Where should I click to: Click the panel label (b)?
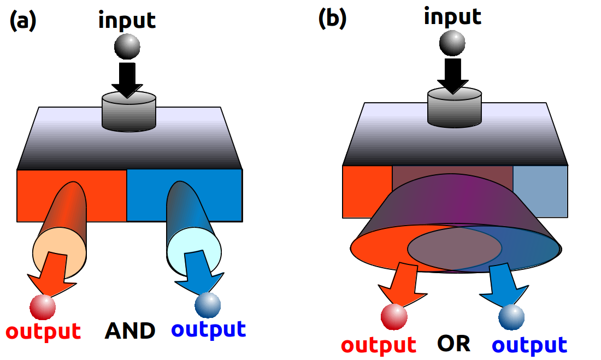click(x=332, y=19)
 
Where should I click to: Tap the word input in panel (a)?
click(x=127, y=20)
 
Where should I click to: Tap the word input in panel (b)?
click(x=452, y=16)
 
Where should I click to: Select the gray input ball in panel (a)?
click(x=127, y=47)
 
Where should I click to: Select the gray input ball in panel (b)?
click(x=452, y=43)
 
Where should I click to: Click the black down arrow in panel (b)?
click(x=452, y=75)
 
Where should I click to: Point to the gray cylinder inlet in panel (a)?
click(x=129, y=112)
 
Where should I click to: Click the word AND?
click(x=130, y=331)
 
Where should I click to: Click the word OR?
click(x=453, y=343)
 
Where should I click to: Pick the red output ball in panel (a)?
click(x=43, y=307)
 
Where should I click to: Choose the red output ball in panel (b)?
click(x=394, y=317)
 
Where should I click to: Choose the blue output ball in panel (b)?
click(x=511, y=317)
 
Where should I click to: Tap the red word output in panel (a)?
click(x=43, y=331)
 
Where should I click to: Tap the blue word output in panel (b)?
click(x=529, y=345)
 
